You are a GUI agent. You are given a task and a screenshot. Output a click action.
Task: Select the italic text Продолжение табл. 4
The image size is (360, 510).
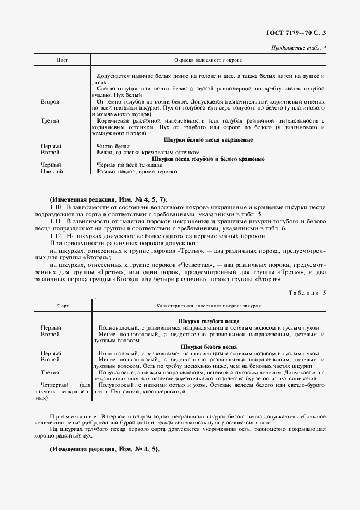298,49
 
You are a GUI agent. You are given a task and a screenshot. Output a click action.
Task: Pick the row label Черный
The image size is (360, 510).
51,165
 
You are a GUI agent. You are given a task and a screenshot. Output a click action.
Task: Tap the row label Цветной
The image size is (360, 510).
52,172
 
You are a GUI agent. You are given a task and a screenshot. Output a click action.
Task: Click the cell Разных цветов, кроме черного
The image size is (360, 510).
137,172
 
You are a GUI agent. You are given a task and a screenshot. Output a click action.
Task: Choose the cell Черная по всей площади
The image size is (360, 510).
129,165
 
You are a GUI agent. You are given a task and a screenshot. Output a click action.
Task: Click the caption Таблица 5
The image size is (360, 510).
306,293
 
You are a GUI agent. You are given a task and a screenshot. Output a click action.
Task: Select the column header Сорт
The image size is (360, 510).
62,306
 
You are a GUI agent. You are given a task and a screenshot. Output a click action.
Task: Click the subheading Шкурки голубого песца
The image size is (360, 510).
209,321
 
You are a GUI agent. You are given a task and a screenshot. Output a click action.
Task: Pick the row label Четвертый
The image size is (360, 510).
54,385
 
